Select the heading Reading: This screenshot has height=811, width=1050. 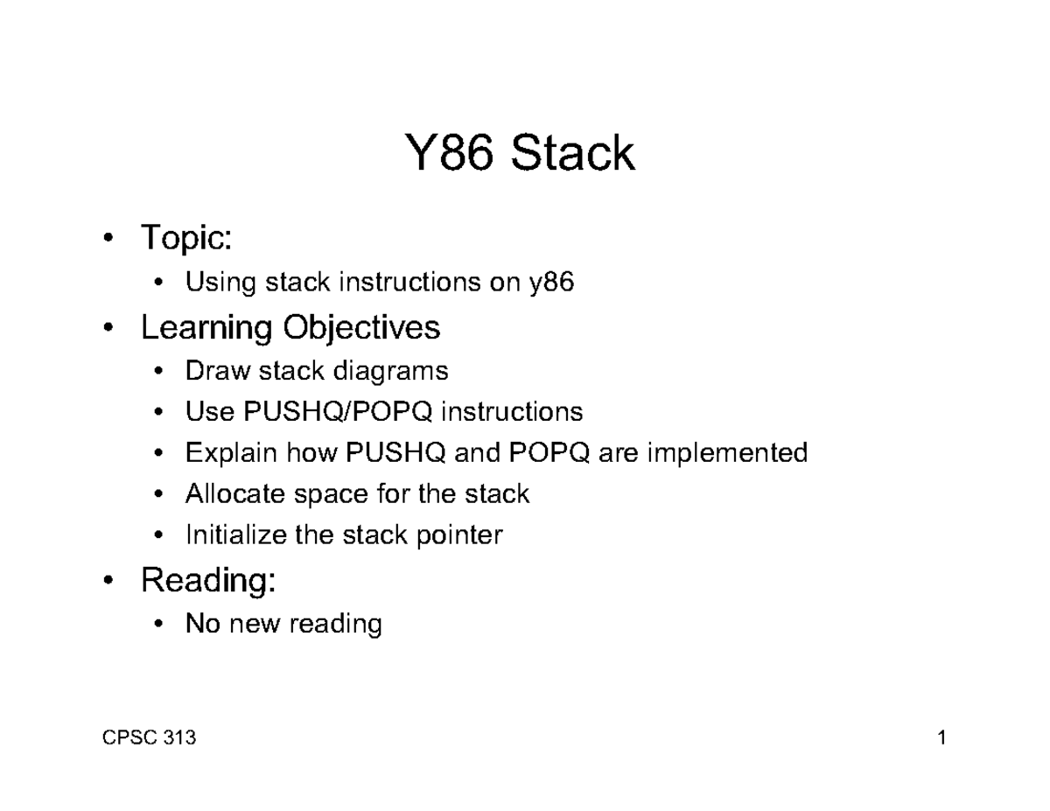pos(208,580)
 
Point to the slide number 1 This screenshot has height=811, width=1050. pos(941,738)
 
